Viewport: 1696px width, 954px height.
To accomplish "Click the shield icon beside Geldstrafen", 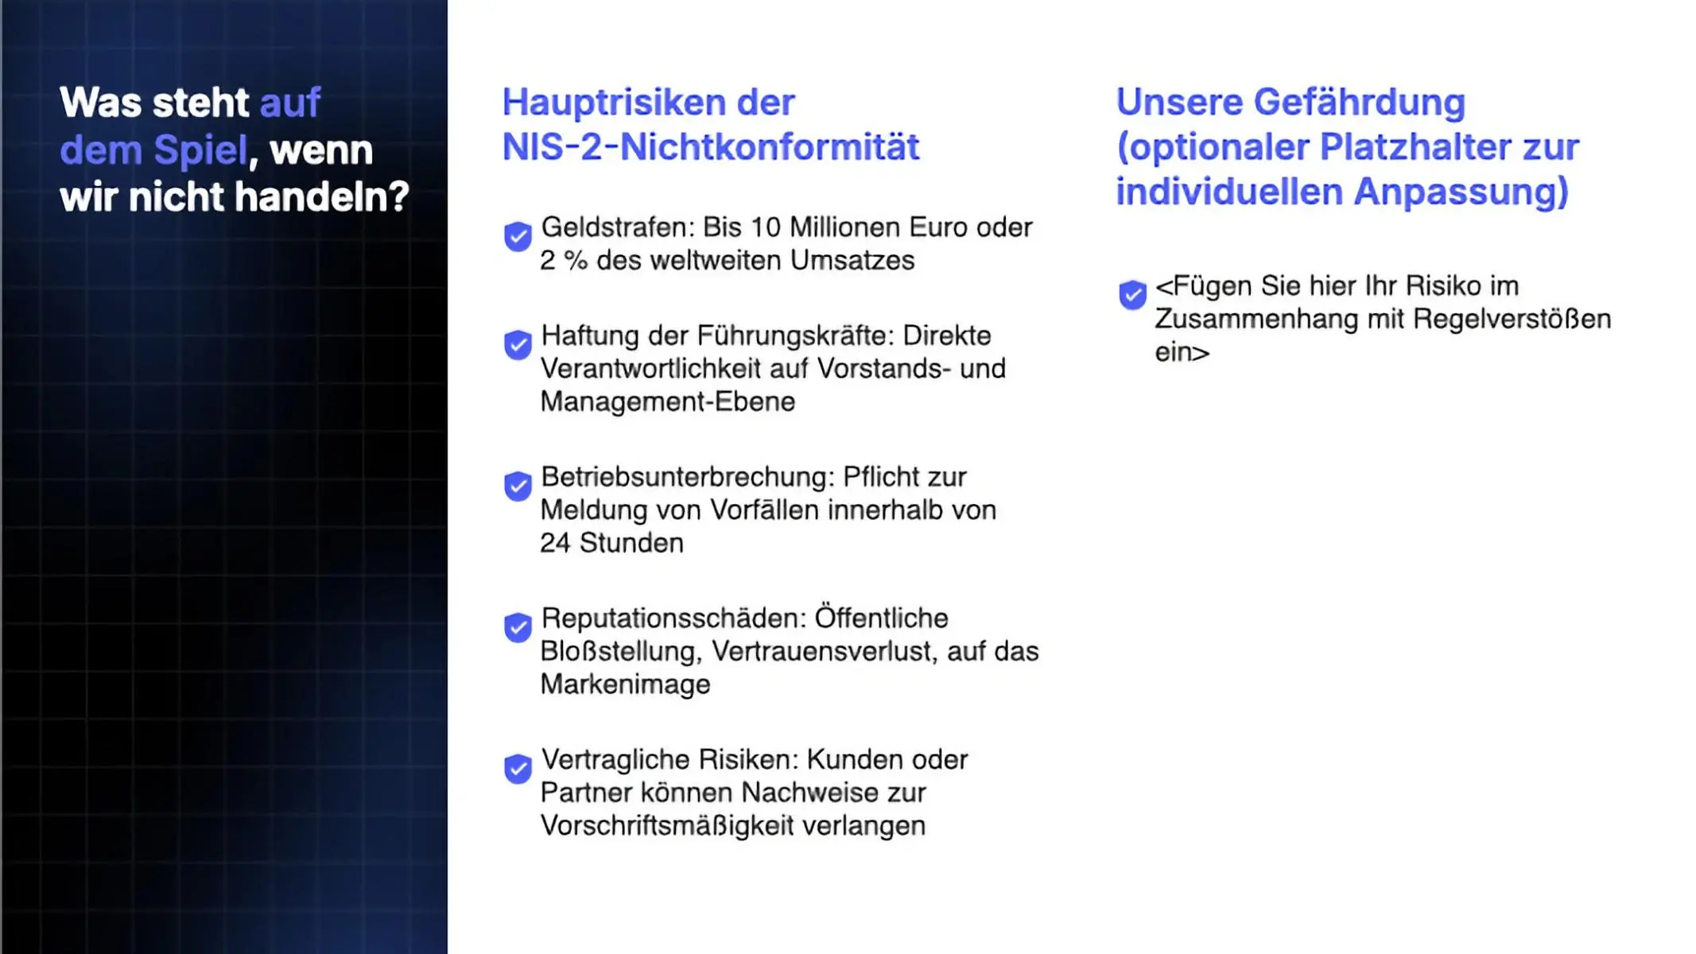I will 518,236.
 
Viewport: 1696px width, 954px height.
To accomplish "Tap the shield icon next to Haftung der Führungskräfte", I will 518,345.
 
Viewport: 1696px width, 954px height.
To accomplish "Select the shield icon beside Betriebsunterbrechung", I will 518,486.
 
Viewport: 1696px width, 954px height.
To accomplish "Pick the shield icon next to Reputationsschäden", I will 518,627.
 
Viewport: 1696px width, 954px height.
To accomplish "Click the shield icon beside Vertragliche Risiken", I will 518,769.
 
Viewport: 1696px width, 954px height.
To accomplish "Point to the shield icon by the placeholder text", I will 1132,295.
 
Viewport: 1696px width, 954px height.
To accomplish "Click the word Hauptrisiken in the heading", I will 614,103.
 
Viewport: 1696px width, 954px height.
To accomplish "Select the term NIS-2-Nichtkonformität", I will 711,148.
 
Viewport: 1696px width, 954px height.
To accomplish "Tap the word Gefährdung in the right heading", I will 1359,103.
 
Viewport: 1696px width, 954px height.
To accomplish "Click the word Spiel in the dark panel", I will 200,150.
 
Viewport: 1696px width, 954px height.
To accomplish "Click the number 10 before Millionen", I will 766,227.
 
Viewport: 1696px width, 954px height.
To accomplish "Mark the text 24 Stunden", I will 611,543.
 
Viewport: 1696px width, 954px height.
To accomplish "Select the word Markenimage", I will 625,684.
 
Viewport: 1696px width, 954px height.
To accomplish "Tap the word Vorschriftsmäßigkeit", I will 667,826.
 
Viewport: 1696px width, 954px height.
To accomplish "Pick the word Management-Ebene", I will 667,401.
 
